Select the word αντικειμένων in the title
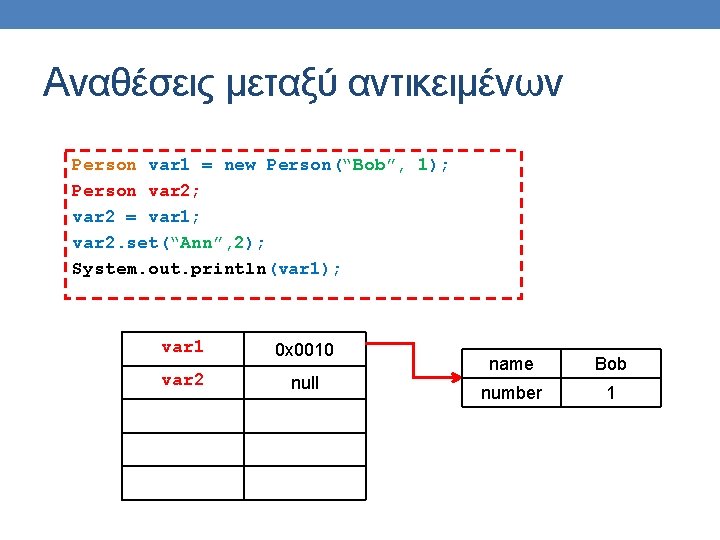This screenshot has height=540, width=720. [455, 83]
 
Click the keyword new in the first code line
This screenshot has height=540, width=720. [240, 165]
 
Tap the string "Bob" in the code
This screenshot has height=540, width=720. [366, 165]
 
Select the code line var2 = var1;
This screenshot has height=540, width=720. [136, 217]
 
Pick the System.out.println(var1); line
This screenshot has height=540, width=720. [207, 269]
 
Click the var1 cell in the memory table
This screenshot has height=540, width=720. [182, 348]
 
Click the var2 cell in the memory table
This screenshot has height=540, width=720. [182, 381]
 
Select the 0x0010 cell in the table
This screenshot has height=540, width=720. [304, 350]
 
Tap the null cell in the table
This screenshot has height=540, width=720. [304, 383]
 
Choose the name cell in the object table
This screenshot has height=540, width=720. [511, 364]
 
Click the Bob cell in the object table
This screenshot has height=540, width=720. [610, 364]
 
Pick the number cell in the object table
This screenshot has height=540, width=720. [511, 393]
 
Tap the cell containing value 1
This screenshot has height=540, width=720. [610, 393]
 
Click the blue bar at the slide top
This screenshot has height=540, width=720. [360, 14]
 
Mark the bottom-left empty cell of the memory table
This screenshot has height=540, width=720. [182, 483]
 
